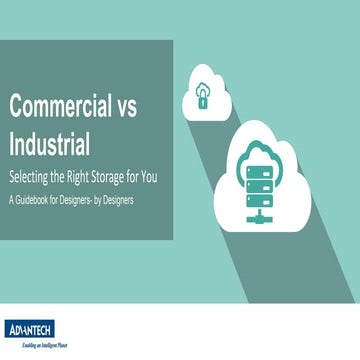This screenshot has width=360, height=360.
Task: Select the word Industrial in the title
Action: (x=49, y=144)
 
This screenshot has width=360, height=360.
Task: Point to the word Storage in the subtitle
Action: (x=125, y=178)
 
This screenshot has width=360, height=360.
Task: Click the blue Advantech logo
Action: (x=31, y=329)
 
